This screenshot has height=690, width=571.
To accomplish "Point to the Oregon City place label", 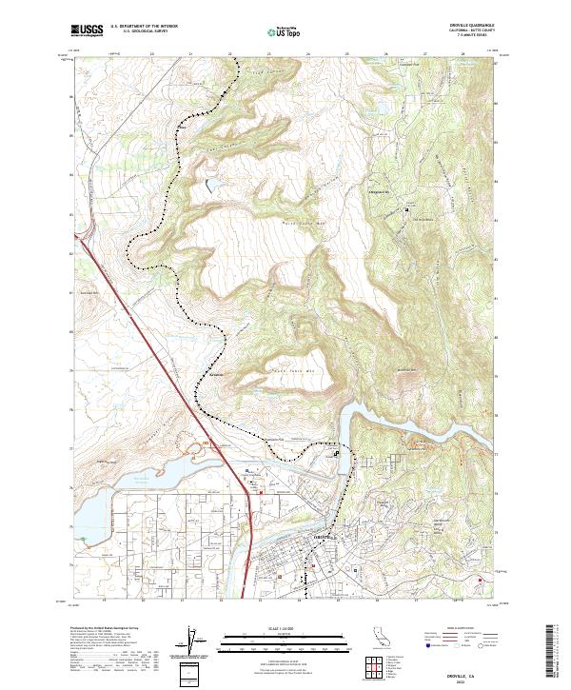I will (x=379, y=191).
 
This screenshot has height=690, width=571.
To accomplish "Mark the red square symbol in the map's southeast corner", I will (x=480, y=578).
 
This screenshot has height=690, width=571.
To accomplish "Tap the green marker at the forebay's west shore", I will (x=83, y=539).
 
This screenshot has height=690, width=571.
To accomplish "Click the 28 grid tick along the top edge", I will (x=463, y=54).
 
